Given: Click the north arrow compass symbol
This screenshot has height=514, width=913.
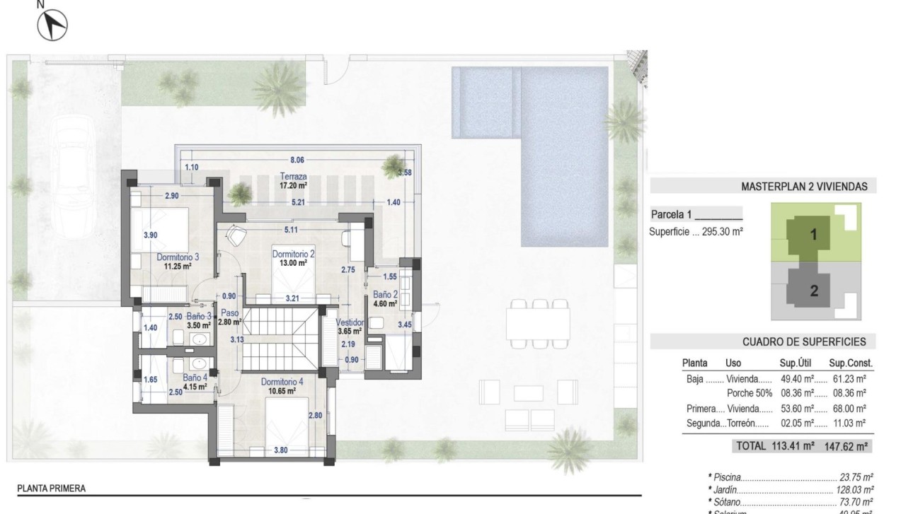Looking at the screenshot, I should point(52,26).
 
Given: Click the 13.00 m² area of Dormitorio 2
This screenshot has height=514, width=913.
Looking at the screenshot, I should point(292,262).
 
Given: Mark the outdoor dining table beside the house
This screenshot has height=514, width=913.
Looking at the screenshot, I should point(538,324).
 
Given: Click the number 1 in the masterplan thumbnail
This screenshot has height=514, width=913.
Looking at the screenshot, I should point(813,236).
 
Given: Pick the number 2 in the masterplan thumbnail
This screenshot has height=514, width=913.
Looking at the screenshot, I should point(813,290).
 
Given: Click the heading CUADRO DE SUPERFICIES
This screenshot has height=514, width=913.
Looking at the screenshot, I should point(804,341).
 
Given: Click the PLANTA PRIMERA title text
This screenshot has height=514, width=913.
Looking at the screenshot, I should point(52,488).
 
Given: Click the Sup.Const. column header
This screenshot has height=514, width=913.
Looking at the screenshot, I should point(851,363).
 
